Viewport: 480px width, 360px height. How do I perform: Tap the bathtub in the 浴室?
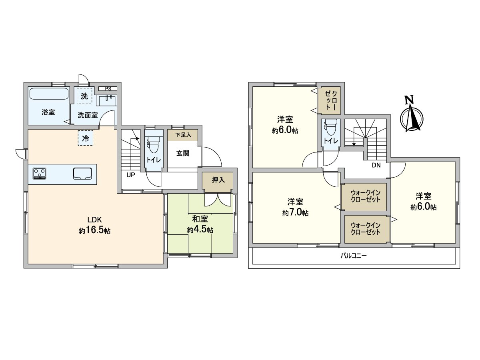49,95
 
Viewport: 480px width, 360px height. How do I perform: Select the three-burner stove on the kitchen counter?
39,174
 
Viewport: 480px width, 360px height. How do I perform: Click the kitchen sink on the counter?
82,174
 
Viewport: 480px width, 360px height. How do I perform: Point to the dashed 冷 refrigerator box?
85,138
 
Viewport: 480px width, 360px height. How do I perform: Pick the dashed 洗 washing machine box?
84,96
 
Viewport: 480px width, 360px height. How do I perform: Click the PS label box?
108,88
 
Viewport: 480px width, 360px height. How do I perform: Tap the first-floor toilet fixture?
153,144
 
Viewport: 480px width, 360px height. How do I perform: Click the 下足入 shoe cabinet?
182,135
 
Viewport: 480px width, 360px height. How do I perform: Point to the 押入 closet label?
218,180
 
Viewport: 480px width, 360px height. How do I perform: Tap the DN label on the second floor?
376,165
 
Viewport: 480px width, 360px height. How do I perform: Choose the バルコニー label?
353,256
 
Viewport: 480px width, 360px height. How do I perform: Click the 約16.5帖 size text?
95,231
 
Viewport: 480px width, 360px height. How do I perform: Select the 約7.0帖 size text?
295,213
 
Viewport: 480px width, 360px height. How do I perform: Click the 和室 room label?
200,219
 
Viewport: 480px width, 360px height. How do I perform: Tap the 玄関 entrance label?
183,153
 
